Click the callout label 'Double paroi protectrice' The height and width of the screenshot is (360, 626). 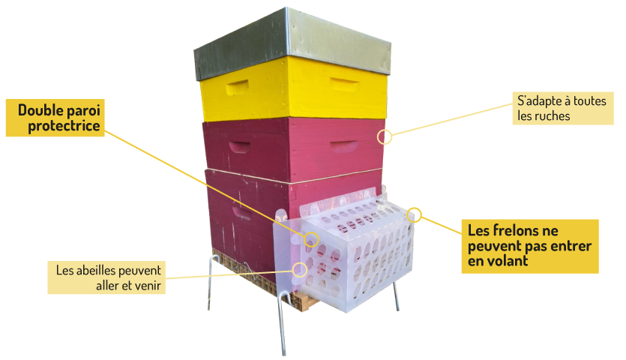(x=62, y=118)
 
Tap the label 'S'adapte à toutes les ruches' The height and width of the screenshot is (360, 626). (x=553, y=108)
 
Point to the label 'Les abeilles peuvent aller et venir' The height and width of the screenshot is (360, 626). (x=109, y=277)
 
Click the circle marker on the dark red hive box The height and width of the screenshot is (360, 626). (x=385, y=136)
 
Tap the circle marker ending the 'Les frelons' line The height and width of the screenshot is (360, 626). (x=415, y=216)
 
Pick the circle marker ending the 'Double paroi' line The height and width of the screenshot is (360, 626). (x=311, y=239)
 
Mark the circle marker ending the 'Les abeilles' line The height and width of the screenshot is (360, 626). (x=301, y=268)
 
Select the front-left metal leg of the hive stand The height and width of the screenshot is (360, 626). (x=282, y=322)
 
